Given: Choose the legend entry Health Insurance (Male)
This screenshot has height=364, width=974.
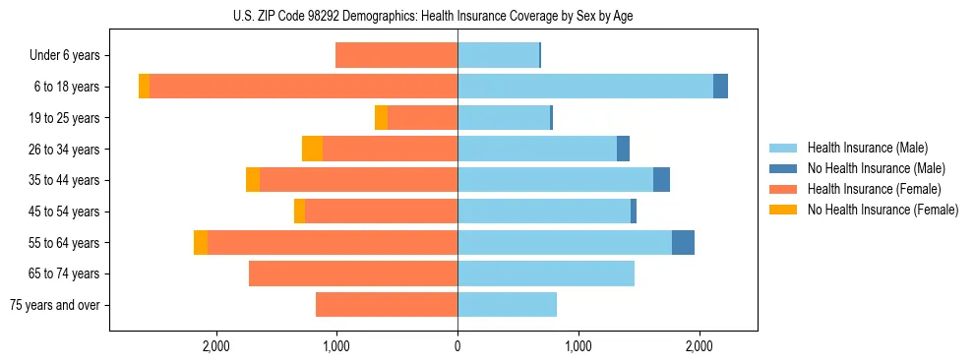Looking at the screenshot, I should tap(867, 149).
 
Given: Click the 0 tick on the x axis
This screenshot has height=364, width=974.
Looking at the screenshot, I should tap(457, 346).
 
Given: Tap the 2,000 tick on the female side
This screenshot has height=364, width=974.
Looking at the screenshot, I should tap(215, 346).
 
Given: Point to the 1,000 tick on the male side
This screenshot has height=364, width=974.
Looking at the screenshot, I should tap(578, 346).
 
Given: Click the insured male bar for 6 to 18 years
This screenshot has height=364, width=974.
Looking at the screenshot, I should tap(585, 87).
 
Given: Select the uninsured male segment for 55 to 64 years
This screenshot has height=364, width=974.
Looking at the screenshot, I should tap(683, 242).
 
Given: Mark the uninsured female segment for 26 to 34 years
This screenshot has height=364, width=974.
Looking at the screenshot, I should tap(312, 149).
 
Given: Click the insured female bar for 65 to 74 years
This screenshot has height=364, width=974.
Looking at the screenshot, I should tap(353, 273).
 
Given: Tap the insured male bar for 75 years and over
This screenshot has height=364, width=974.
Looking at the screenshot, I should tap(507, 305).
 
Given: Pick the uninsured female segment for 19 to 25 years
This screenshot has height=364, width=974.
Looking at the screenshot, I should tap(381, 118).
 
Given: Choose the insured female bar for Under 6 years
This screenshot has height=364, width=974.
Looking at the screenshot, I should tap(396, 56).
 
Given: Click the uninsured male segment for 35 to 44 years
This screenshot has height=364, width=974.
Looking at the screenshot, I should tap(661, 180).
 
